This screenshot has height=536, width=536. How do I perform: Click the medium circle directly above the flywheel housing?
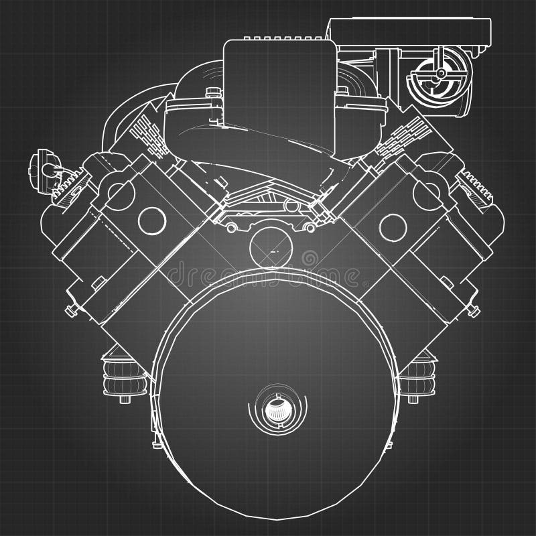(x=269, y=249)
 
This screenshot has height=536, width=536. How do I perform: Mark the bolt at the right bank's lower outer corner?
(x=474, y=309)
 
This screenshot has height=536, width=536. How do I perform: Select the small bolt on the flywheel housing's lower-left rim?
(x=155, y=442)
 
